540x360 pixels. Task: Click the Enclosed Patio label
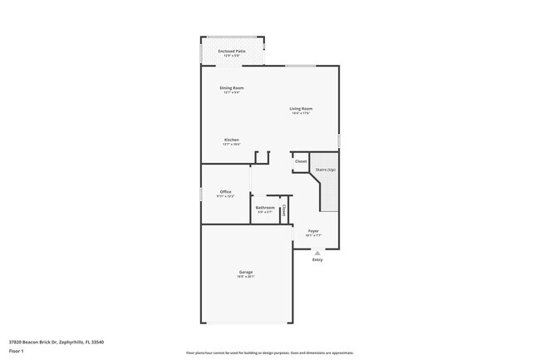click(232, 51)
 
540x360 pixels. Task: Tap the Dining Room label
click(232, 87)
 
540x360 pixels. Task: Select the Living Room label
click(301, 108)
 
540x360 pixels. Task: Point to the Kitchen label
click(232, 139)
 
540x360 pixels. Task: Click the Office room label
click(225, 191)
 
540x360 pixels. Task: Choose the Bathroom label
click(265, 207)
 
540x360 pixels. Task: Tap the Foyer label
click(313, 230)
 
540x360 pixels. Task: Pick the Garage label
click(246, 272)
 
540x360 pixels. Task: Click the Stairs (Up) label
click(326, 170)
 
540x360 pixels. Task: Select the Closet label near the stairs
click(301, 161)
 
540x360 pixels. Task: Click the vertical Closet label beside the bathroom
click(284, 210)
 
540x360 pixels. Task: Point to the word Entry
click(317, 259)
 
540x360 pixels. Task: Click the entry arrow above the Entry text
click(317, 252)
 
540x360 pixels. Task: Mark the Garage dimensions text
click(246, 277)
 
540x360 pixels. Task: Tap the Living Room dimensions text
click(301, 113)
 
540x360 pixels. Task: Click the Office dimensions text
click(225, 196)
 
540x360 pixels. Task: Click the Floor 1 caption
click(17, 351)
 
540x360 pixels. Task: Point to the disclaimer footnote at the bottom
click(270, 353)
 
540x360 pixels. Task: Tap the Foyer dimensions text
click(313, 235)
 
